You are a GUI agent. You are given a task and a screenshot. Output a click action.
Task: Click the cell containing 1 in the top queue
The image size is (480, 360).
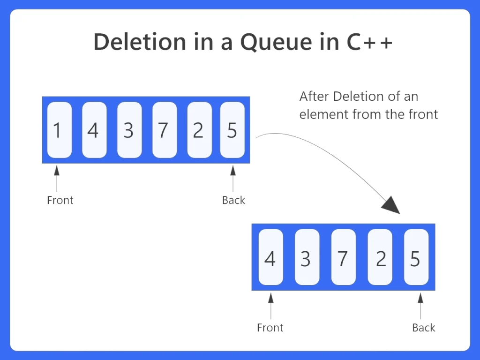pyautogui.click(x=60, y=130)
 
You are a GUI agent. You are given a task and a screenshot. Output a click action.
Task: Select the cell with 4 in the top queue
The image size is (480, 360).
pyautogui.click(x=94, y=130)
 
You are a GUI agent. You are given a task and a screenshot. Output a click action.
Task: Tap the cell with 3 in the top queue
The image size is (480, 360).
pyautogui.click(x=129, y=130)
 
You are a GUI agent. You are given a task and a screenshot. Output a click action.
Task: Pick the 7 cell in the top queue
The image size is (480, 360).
pyautogui.click(x=164, y=130)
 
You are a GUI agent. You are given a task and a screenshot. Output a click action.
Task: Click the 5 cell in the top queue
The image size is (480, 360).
pyautogui.click(x=232, y=130)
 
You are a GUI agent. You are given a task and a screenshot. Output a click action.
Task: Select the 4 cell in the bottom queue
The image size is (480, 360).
pyautogui.click(x=270, y=257)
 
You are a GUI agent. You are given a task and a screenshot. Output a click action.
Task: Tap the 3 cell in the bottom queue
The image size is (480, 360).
pyautogui.click(x=307, y=257)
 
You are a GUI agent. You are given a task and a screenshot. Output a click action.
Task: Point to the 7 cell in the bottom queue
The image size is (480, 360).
pyautogui.click(x=343, y=257)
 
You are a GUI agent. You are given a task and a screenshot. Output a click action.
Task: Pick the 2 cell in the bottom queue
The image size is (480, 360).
pyautogui.click(x=380, y=257)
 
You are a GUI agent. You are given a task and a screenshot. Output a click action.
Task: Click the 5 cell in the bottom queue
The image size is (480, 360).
pyautogui.click(x=416, y=257)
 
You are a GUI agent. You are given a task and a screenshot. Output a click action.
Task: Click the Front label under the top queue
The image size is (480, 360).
pyautogui.click(x=60, y=200)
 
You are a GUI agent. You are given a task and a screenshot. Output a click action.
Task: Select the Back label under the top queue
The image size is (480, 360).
pyautogui.click(x=233, y=200)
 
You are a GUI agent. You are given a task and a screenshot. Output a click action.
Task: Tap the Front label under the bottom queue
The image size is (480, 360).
pyautogui.click(x=270, y=328)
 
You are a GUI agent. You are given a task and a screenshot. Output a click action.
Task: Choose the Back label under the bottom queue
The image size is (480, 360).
pyautogui.click(x=424, y=328)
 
